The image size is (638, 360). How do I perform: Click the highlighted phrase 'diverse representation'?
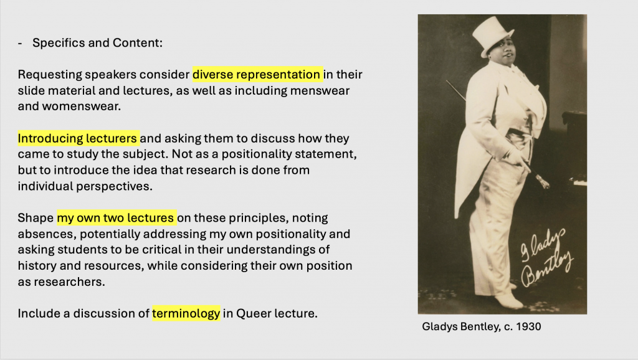(x=257, y=75)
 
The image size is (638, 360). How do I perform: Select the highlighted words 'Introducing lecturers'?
(x=78, y=138)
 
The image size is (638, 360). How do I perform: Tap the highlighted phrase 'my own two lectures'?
(x=117, y=217)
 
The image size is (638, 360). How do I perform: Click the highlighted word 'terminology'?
(x=186, y=313)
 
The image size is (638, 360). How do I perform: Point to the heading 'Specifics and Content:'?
(x=97, y=43)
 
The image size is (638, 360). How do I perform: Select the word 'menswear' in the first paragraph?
(x=320, y=90)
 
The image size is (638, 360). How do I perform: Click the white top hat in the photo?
(x=493, y=35)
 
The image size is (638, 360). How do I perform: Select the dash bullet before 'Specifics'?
(x=20, y=43)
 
